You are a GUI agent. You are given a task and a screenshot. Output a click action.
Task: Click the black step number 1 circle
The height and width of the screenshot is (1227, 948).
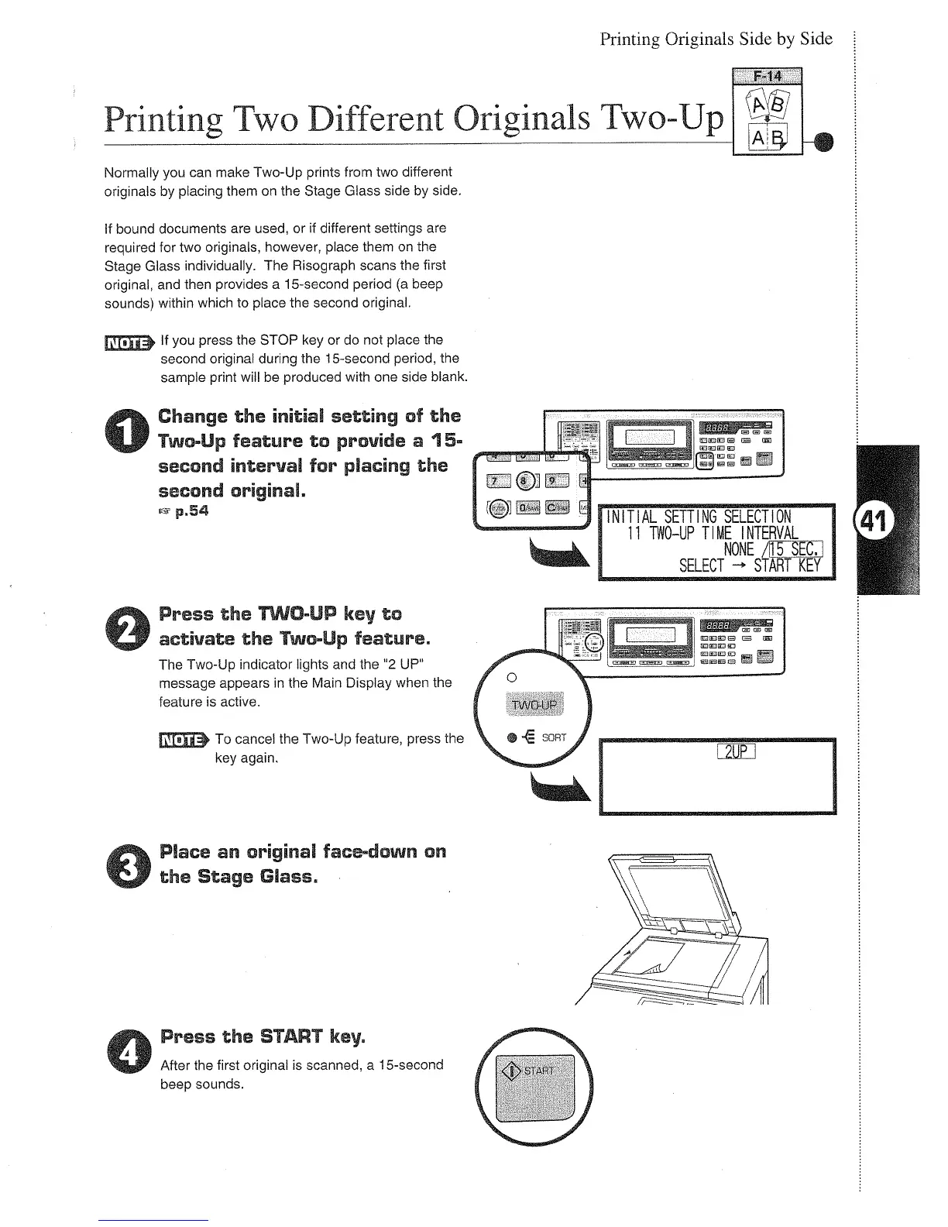click(132, 433)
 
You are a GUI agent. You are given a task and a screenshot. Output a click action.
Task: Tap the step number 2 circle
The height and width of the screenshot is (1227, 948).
click(132, 628)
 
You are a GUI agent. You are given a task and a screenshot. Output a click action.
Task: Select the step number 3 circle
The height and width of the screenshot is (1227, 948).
click(132, 865)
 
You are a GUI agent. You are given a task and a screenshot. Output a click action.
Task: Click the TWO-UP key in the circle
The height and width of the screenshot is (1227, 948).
click(535, 703)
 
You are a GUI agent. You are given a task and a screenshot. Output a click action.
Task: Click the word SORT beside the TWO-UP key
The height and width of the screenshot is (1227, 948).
click(554, 737)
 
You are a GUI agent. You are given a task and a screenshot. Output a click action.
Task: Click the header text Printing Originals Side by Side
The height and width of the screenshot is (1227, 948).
click(716, 39)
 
